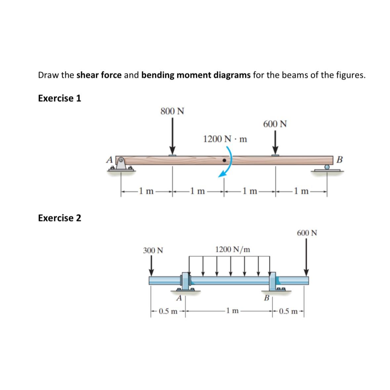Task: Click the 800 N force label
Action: coord(172,111)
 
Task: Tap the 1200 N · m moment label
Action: coord(225,139)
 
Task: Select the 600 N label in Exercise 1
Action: coord(275,124)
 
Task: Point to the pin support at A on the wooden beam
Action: coord(121,164)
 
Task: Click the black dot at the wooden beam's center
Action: coord(224,160)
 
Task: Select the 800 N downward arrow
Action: coord(172,136)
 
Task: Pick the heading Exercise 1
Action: coord(60,98)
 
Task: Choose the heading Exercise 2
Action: coord(60,218)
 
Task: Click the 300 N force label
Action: coord(153,250)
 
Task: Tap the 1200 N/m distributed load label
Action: coord(233,249)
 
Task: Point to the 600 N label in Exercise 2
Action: coord(307,233)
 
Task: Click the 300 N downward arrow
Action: coord(152,266)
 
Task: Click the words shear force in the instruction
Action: coord(99,75)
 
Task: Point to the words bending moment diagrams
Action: coord(196,75)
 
